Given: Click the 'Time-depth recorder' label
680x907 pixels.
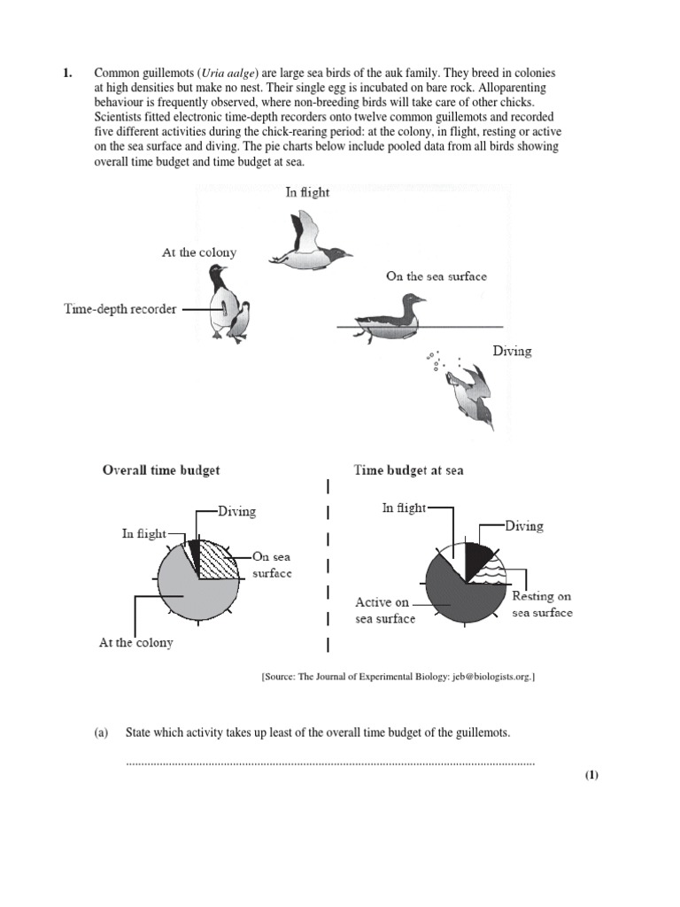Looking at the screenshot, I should coord(120,309).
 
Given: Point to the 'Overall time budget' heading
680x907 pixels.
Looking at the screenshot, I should coord(161,470).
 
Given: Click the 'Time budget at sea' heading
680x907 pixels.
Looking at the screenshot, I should coord(408,470).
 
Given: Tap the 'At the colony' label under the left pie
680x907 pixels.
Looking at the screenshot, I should coord(135,643).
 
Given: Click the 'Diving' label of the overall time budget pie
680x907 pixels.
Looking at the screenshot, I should coord(237,511).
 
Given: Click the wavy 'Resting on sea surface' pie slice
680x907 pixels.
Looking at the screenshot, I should coord(485,575).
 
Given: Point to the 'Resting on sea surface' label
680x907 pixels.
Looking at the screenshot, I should coord(542,604).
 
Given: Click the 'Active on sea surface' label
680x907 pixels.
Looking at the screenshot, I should coord(384,610).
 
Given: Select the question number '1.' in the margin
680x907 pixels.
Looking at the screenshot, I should coord(67,73).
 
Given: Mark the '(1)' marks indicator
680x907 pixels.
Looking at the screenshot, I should coord(591,775).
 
